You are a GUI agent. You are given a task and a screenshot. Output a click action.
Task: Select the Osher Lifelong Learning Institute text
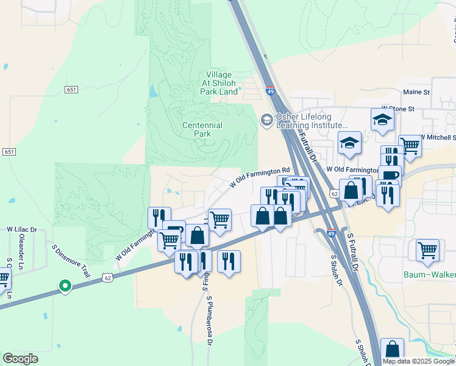(312, 121)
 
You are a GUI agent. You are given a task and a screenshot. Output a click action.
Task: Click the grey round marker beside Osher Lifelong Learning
(266, 120)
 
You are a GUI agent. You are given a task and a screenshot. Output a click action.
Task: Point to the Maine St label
(416, 92)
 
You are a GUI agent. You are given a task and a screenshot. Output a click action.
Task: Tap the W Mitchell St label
(438, 137)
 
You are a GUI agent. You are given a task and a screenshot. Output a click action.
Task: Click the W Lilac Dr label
(22, 229)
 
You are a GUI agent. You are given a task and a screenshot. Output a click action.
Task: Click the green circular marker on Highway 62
(64, 285)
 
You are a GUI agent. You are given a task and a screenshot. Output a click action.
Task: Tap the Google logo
(20, 359)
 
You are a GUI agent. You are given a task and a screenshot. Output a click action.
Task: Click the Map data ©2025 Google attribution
(418, 361)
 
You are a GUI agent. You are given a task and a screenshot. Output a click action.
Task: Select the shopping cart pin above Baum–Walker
(427, 249)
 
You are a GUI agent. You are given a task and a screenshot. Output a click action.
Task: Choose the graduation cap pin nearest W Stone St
(382, 119)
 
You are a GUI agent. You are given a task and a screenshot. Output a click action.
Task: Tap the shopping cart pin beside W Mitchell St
(410, 145)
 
